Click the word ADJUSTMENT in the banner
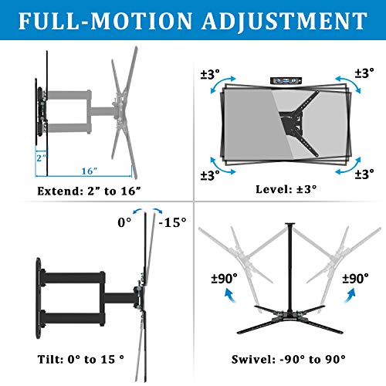[x=285, y=22]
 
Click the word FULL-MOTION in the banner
[x=106, y=21]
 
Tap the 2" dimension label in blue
[x=41, y=157]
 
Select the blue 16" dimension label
[x=90, y=171]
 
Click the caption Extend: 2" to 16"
[x=89, y=191]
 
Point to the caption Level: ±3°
[x=286, y=189]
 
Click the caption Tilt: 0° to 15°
[x=81, y=359]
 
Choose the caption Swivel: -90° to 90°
[x=289, y=359]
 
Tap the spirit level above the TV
[x=286, y=80]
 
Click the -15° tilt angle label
[x=172, y=222]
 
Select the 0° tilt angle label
[x=124, y=222]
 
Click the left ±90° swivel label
[x=224, y=279]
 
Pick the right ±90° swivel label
[x=355, y=279]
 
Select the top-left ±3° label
[x=210, y=74]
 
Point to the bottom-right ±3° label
[x=364, y=174]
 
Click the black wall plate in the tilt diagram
[x=39, y=298]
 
